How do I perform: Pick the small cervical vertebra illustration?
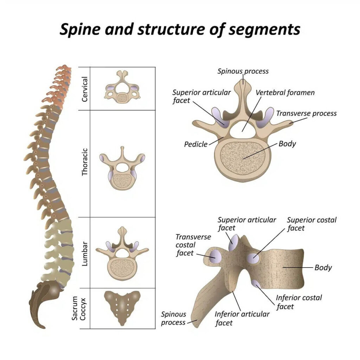[122, 86]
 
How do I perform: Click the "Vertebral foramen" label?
[285, 93]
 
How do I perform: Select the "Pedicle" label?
[195, 144]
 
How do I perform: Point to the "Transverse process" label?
[306, 113]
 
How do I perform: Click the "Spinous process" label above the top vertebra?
[243, 71]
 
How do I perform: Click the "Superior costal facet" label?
[311, 224]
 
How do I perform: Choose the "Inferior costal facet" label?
[298, 302]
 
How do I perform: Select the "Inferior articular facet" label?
[242, 318]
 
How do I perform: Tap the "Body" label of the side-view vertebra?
[323, 268]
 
